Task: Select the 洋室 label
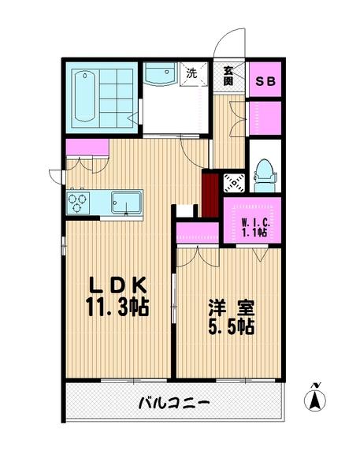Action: [230, 306]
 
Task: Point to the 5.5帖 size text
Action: [231, 326]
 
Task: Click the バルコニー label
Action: [173, 403]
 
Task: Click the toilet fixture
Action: [264, 177]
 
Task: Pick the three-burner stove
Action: [78, 201]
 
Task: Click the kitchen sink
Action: [125, 201]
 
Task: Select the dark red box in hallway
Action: [210, 193]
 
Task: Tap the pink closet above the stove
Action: [87, 147]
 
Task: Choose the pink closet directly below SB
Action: [265, 117]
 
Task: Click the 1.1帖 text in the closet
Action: [253, 233]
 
